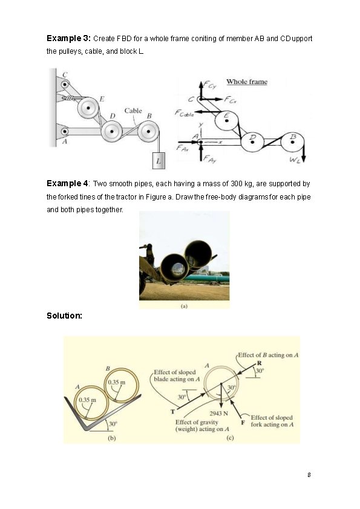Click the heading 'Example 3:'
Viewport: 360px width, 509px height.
(x=69, y=38)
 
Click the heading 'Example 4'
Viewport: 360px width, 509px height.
(x=67, y=183)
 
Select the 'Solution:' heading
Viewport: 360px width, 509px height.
(x=64, y=316)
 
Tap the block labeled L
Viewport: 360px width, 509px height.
(x=159, y=161)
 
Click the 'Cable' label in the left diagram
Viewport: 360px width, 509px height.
(x=133, y=111)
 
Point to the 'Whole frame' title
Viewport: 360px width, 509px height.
(x=247, y=82)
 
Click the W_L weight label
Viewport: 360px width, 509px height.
(x=294, y=160)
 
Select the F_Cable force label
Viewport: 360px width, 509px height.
(x=184, y=113)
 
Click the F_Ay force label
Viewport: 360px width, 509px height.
(x=209, y=159)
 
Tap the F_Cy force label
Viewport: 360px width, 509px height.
(x=211, y=86)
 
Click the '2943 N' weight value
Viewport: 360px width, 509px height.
(x=218, y=413)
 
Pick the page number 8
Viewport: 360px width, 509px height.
(x=309, y=475)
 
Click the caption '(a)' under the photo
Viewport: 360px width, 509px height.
(x=184, y=306)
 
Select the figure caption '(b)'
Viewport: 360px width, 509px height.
(x=112, y=438)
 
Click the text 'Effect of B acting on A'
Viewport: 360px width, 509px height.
(x=268, y=355)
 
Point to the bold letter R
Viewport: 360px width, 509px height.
(x=260, y=363)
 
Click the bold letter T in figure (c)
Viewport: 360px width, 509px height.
(x=173, y=412)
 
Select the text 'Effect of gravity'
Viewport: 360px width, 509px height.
(x=197, y=422)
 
